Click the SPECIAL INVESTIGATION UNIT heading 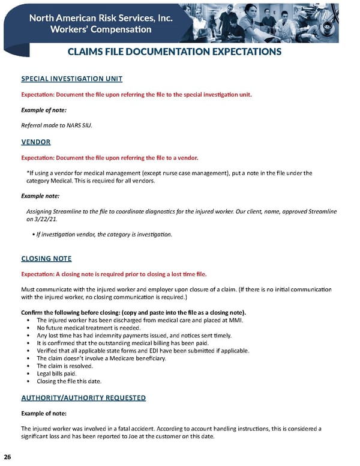tap(72, 79)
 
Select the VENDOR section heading tap(36, 142)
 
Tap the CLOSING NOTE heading tap(46, 259)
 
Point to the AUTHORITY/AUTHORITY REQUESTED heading tap(83, 398)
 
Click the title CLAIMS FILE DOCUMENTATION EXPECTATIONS tap(175, 52)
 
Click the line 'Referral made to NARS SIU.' tap(57, 125)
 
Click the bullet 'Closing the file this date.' tap(70, 381)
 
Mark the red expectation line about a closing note tap(114, 274)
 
